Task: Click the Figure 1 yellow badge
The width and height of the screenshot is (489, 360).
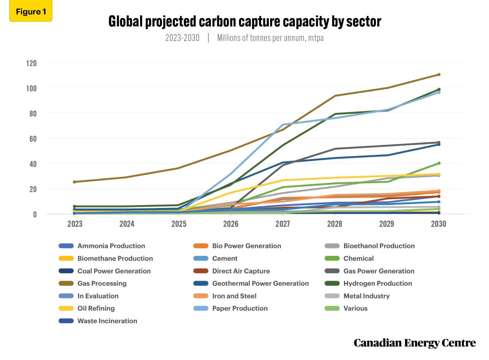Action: (x=31, y=11)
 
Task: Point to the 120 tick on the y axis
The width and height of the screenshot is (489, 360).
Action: (x=31, y=63)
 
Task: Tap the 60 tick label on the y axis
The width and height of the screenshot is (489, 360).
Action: (x=33, y=139)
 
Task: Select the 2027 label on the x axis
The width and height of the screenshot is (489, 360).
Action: (x=283, y=224)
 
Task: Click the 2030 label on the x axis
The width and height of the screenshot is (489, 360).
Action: (x=438, y=224)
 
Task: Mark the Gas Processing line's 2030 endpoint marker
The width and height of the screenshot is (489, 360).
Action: (x=439, y=75)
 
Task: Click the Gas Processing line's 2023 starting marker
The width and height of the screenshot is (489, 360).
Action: (x=75, y=182)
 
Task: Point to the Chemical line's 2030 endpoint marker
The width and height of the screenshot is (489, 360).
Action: (x=439, y=163)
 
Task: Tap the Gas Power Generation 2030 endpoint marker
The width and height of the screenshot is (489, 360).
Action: (x=439, y=142)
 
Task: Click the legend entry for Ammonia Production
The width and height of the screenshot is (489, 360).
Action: (x=111, y=246)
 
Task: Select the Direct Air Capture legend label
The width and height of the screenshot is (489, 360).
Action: (x=241, y=271)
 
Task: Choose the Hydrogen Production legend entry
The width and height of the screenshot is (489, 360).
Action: (x=378, y=284)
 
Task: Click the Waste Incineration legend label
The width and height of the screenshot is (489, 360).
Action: (x=107, y=321)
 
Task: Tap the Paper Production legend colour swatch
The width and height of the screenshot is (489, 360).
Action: (x=201, y=309)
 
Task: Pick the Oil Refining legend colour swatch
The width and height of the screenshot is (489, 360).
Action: (x=66, y=309)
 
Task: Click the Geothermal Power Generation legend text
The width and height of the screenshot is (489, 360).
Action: (x=260, y=284)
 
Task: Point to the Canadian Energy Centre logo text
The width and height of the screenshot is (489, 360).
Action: (x=414, y=343)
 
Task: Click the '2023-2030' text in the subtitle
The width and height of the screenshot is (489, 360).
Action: (x=182, y=38)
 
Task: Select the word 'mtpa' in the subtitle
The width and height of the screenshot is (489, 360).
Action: (x=316, y=38)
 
